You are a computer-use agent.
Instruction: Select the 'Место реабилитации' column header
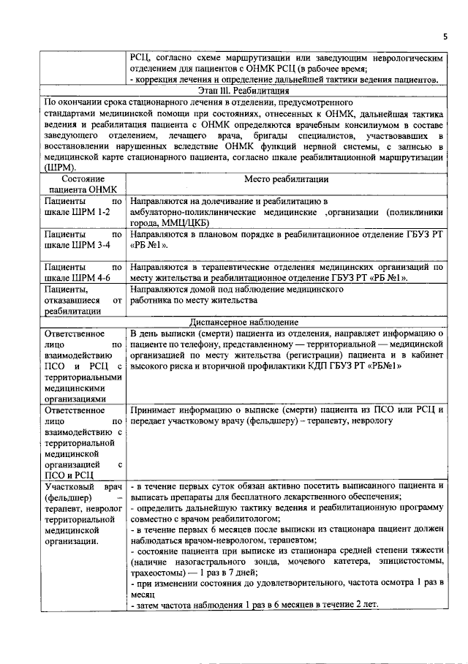[x=287, y=178]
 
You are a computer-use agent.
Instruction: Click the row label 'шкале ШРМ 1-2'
[x=76, y=211]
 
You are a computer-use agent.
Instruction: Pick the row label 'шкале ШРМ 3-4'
[x=76, y=245]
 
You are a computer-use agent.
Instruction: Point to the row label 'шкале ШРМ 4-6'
[x=76, y=278]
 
